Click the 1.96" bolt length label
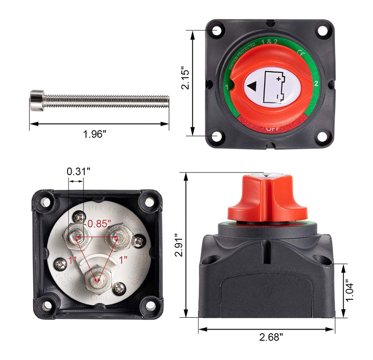(95, 135)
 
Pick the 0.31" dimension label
(79, 172)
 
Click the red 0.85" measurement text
(99, 224)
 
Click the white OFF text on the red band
(272, 129)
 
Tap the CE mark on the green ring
(300, 52)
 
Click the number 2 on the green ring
(316, 83)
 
